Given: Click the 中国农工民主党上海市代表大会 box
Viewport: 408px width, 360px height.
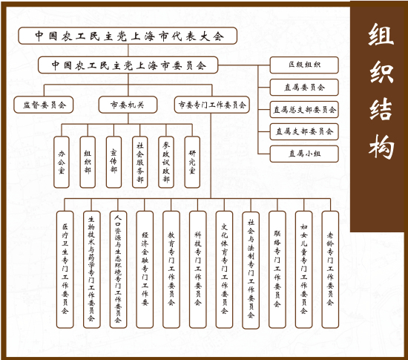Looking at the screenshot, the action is point(128,36).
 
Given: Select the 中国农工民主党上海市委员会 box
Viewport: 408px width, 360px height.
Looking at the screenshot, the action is point(128,65).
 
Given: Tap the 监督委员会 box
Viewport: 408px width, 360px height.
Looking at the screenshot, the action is point(44,105).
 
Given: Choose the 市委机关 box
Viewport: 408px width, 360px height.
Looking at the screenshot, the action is point(128,105).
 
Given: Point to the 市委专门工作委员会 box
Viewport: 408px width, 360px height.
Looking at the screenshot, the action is point(212,105).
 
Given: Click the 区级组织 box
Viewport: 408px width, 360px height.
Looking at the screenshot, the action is point(304,65).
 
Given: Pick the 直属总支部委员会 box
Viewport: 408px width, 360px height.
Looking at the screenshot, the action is point(304,109).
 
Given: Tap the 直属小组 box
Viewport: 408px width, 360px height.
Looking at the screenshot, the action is point(304,154).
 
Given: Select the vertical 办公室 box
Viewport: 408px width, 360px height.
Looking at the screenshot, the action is point(62,162).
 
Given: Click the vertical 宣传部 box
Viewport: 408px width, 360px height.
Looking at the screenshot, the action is point(113,162).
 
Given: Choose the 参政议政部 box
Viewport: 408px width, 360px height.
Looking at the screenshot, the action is point(166,162).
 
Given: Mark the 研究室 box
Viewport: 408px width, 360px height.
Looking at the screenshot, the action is point(192,162).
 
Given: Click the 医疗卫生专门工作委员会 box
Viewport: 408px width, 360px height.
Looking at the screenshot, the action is point(65,269).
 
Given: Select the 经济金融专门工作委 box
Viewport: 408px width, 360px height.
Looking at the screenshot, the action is point(145,269).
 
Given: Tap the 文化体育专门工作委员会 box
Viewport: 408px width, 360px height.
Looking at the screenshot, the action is point(224,269).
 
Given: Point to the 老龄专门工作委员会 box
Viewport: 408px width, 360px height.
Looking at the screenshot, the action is point(330,269).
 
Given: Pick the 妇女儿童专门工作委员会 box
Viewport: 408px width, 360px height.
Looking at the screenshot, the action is point(303,269).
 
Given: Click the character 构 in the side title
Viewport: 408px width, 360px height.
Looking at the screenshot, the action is point(381,146).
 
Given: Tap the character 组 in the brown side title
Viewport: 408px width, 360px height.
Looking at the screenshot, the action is point(381,35).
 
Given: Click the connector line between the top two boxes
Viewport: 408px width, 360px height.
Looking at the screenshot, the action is point(128,50).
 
